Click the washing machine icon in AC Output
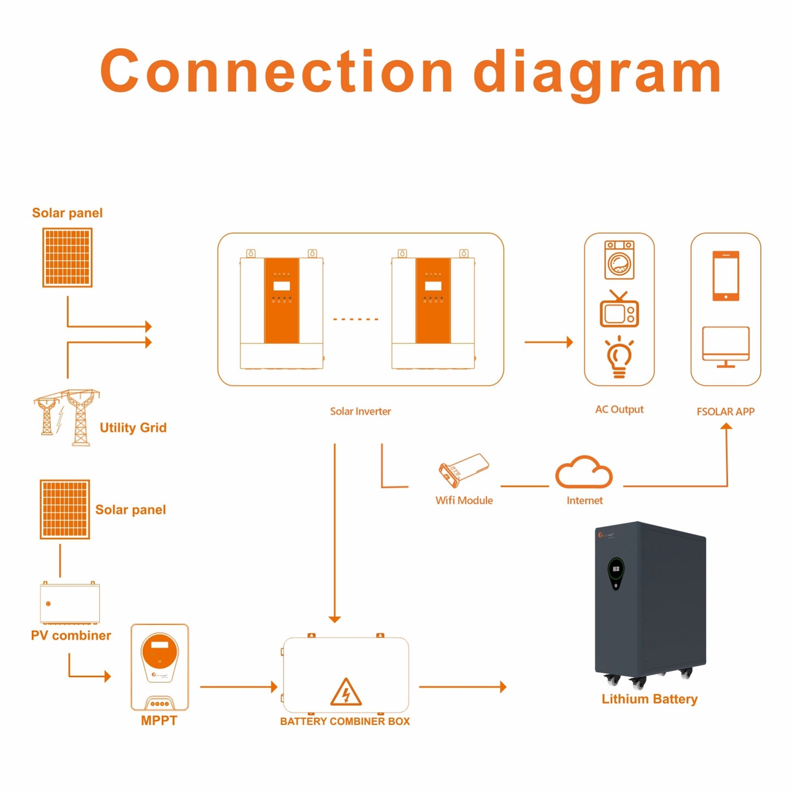coord(619,260)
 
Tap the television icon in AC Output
coord(619,311)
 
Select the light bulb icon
coord(619,357)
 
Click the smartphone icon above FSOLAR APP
coord(725,276)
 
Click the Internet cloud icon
coord(584,473)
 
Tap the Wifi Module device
coord(464,470)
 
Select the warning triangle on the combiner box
coord(346,693)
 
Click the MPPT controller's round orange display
coord(159,651)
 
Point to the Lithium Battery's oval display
coord(616,572)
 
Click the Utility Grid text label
coord(133,428)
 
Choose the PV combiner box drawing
coord(70,603)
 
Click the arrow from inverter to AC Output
coord(548,342)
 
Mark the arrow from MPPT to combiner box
coord(238,687)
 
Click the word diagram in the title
coord(597,72)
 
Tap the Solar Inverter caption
coord(360,412)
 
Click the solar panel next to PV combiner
coord(65,509)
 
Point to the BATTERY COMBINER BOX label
coord(345,722)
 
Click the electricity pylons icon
coord(67,417)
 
